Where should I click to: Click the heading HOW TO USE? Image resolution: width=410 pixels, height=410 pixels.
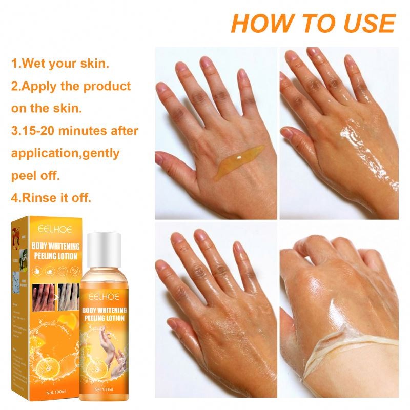pyautogui.click(x=313, y=23)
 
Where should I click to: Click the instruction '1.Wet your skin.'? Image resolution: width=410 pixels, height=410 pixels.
pyautogui.click(x=60, y=65)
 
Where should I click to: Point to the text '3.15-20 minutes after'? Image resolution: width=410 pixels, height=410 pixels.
pyautogui.click(x=75, y=131)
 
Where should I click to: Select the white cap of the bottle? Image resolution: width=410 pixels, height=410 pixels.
pyautogui.click(x=104, y=243)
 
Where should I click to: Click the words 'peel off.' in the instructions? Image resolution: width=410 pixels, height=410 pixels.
pyautogui.click(x=36, y=175)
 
